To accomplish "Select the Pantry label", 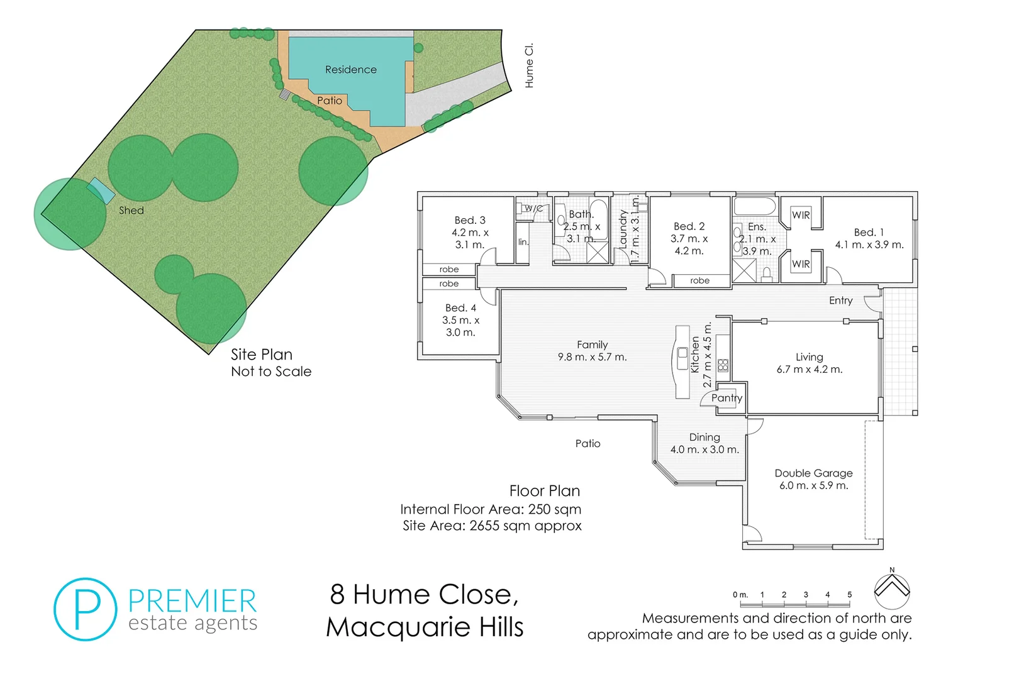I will click(727, 398).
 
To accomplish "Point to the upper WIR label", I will click(801, 215).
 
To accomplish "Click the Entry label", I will click(840, 301).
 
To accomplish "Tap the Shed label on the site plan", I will click(131, 211).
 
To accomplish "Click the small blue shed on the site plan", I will click(101, 190).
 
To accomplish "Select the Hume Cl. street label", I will click(529, 65).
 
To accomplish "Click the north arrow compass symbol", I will click(892, 590).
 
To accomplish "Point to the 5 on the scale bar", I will click(849, 594).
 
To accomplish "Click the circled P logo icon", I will click(86, 609).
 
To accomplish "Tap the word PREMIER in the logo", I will click(192, 601).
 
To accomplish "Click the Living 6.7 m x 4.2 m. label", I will click(809, 363).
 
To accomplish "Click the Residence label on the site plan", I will click(350, 70).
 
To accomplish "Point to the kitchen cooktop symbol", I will click(723, 365).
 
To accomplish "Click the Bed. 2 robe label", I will click(699, 280).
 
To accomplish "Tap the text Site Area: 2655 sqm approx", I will click(492, 526).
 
